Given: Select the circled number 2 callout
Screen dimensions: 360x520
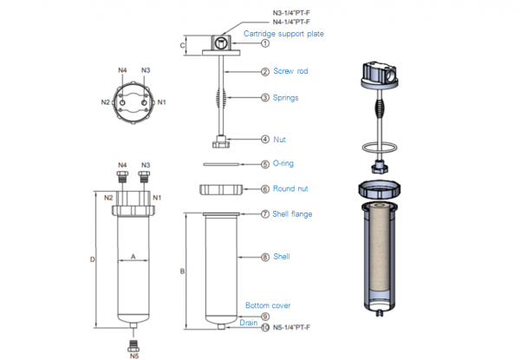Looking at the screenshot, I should (x=265, y=72).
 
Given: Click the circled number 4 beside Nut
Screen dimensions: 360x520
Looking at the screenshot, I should (x=265, y=139).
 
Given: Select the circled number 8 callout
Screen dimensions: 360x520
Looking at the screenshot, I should (x=265, y=257).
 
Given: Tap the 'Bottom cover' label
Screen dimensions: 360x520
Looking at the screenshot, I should (x=268, y=305).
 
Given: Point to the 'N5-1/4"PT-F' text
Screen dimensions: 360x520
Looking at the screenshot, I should (x=291, y=327).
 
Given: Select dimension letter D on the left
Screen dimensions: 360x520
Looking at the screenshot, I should (x=92, y=259).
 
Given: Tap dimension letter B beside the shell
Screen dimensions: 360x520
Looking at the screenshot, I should (x=182, y=272).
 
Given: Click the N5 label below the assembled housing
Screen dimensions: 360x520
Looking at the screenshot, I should (x=134, y=354).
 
